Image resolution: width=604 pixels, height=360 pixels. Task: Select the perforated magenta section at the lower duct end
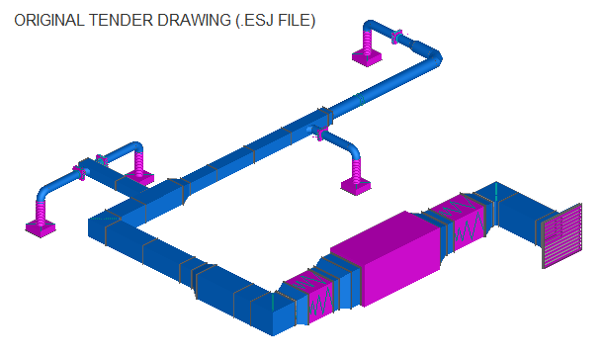(308, 294)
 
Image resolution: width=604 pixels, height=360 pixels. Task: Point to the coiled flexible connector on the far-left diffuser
(43, 210)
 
